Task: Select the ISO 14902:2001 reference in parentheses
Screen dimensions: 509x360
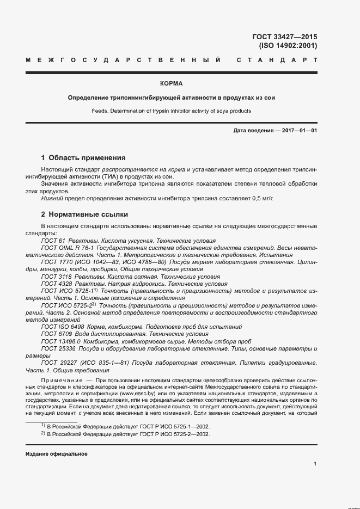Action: click(288, 46)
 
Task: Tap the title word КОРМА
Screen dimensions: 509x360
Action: click(172, 84)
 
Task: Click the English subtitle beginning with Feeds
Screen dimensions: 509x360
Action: click(171, 111)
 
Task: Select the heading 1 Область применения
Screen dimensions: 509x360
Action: click(83, 158)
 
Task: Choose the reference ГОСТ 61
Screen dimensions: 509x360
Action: click(53, 241)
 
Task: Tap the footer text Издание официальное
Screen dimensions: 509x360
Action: click(56, 453)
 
